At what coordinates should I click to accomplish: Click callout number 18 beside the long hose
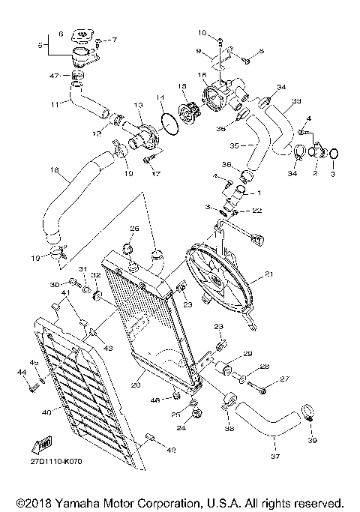click(x=54, y=170)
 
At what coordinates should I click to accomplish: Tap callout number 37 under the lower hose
click(x=274, y=455)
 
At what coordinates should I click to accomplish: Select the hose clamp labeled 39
click(x=307, y=412)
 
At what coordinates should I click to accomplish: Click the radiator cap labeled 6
click(x=80, y=36)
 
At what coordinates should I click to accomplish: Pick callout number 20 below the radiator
click(x=136, y=386)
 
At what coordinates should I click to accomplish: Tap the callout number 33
click(x=296, y=101)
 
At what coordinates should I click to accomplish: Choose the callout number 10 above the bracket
click(x=202, y=32)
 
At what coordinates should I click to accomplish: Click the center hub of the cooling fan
click(x=217, y=283)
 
